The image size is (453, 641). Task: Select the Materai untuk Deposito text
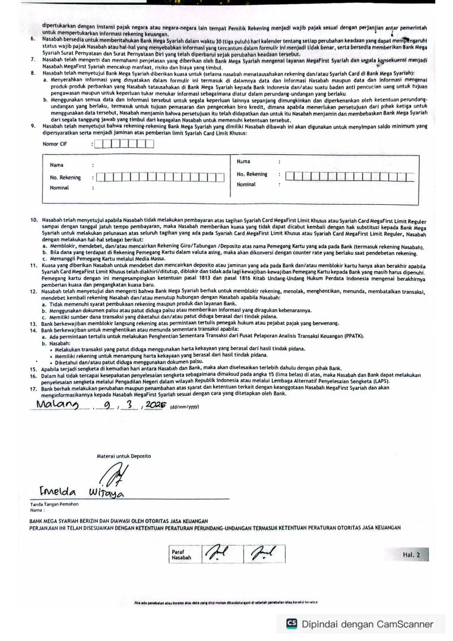pos(123,456)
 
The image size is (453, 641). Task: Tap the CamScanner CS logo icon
pos(292,623)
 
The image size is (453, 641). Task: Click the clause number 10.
pos(34,220)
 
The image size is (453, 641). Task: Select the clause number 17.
pos(34,388)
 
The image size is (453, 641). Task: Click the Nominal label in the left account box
pos(59,188)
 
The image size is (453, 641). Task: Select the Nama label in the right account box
pos(243,161)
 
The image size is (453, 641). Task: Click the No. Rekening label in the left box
pos(65,177)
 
